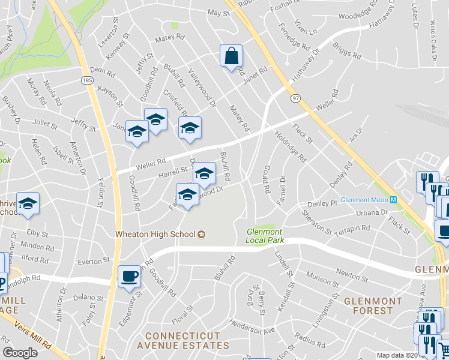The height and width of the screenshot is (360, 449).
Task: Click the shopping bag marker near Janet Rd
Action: pos(231,56)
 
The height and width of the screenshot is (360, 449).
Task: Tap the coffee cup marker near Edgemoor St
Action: pos(130,277)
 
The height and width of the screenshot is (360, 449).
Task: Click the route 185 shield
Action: pos(87,79)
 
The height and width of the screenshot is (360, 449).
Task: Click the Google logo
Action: pos(20,353)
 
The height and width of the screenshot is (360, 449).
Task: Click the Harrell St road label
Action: pos(173,172)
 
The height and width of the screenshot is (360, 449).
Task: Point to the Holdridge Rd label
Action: pos(291,147)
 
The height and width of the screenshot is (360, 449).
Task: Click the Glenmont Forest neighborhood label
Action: pos(369,305)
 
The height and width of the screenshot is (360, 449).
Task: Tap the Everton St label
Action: pos(94,262)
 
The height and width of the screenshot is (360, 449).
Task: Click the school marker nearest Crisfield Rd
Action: pos(190,128)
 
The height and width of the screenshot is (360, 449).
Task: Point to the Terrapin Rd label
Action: pos(352,229)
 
